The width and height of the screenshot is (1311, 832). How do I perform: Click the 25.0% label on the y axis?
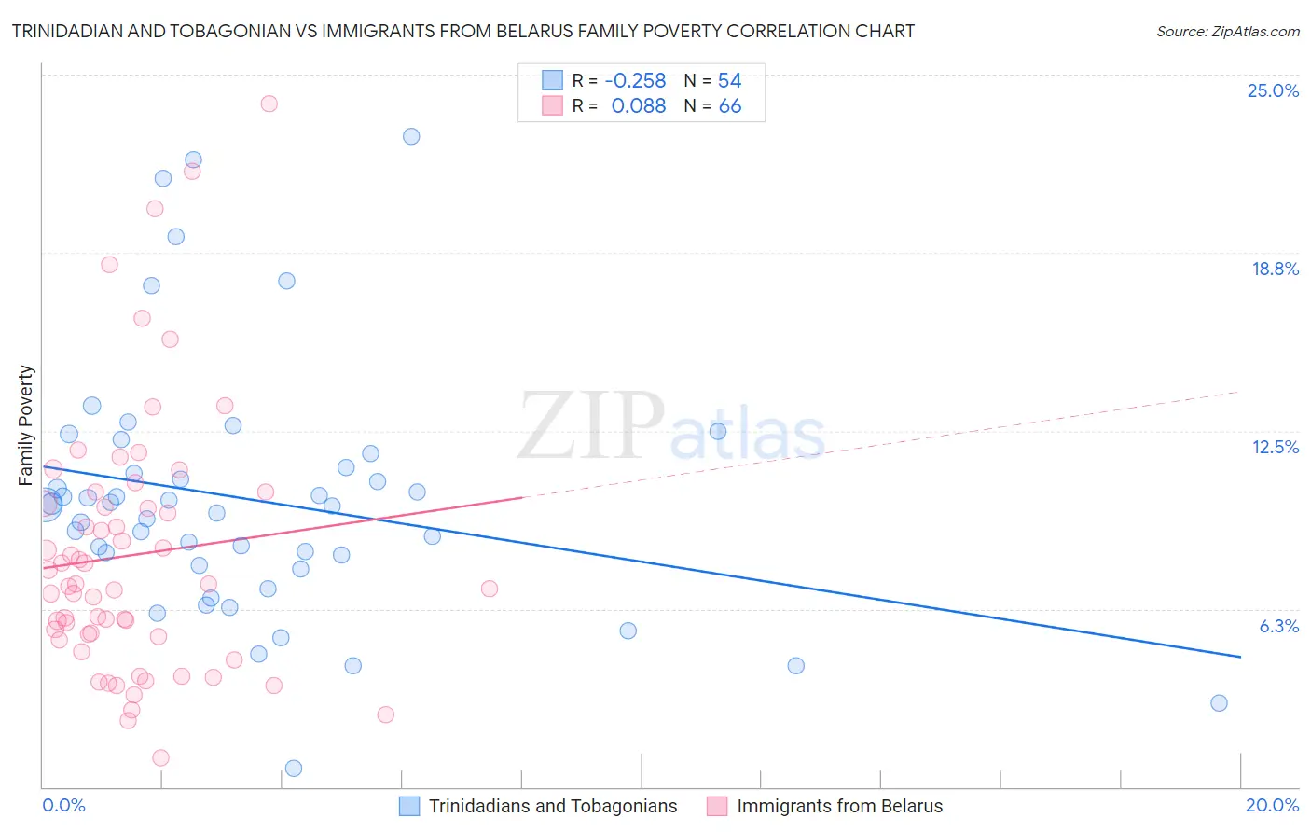1273,90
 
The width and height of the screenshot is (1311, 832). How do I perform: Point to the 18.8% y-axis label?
1275,269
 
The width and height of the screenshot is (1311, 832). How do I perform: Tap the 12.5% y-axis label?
1275,447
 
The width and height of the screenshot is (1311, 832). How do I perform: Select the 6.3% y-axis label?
1278,626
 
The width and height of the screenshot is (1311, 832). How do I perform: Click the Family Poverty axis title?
26,425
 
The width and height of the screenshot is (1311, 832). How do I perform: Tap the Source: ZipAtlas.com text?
1227,31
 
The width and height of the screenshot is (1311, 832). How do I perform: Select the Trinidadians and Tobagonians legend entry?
553,806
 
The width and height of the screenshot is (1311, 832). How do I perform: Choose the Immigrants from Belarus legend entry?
839,806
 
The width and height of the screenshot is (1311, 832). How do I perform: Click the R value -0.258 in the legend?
635,80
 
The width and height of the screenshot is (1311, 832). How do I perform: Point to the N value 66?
730,106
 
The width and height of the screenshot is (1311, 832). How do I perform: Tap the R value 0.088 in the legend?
638,106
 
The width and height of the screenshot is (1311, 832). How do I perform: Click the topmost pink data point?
269,104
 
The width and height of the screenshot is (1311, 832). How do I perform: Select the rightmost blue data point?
1219,703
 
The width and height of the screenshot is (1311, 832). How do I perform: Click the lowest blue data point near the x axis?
294,769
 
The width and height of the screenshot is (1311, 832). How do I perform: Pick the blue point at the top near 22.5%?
411,136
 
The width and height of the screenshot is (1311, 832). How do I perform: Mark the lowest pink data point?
160,758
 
